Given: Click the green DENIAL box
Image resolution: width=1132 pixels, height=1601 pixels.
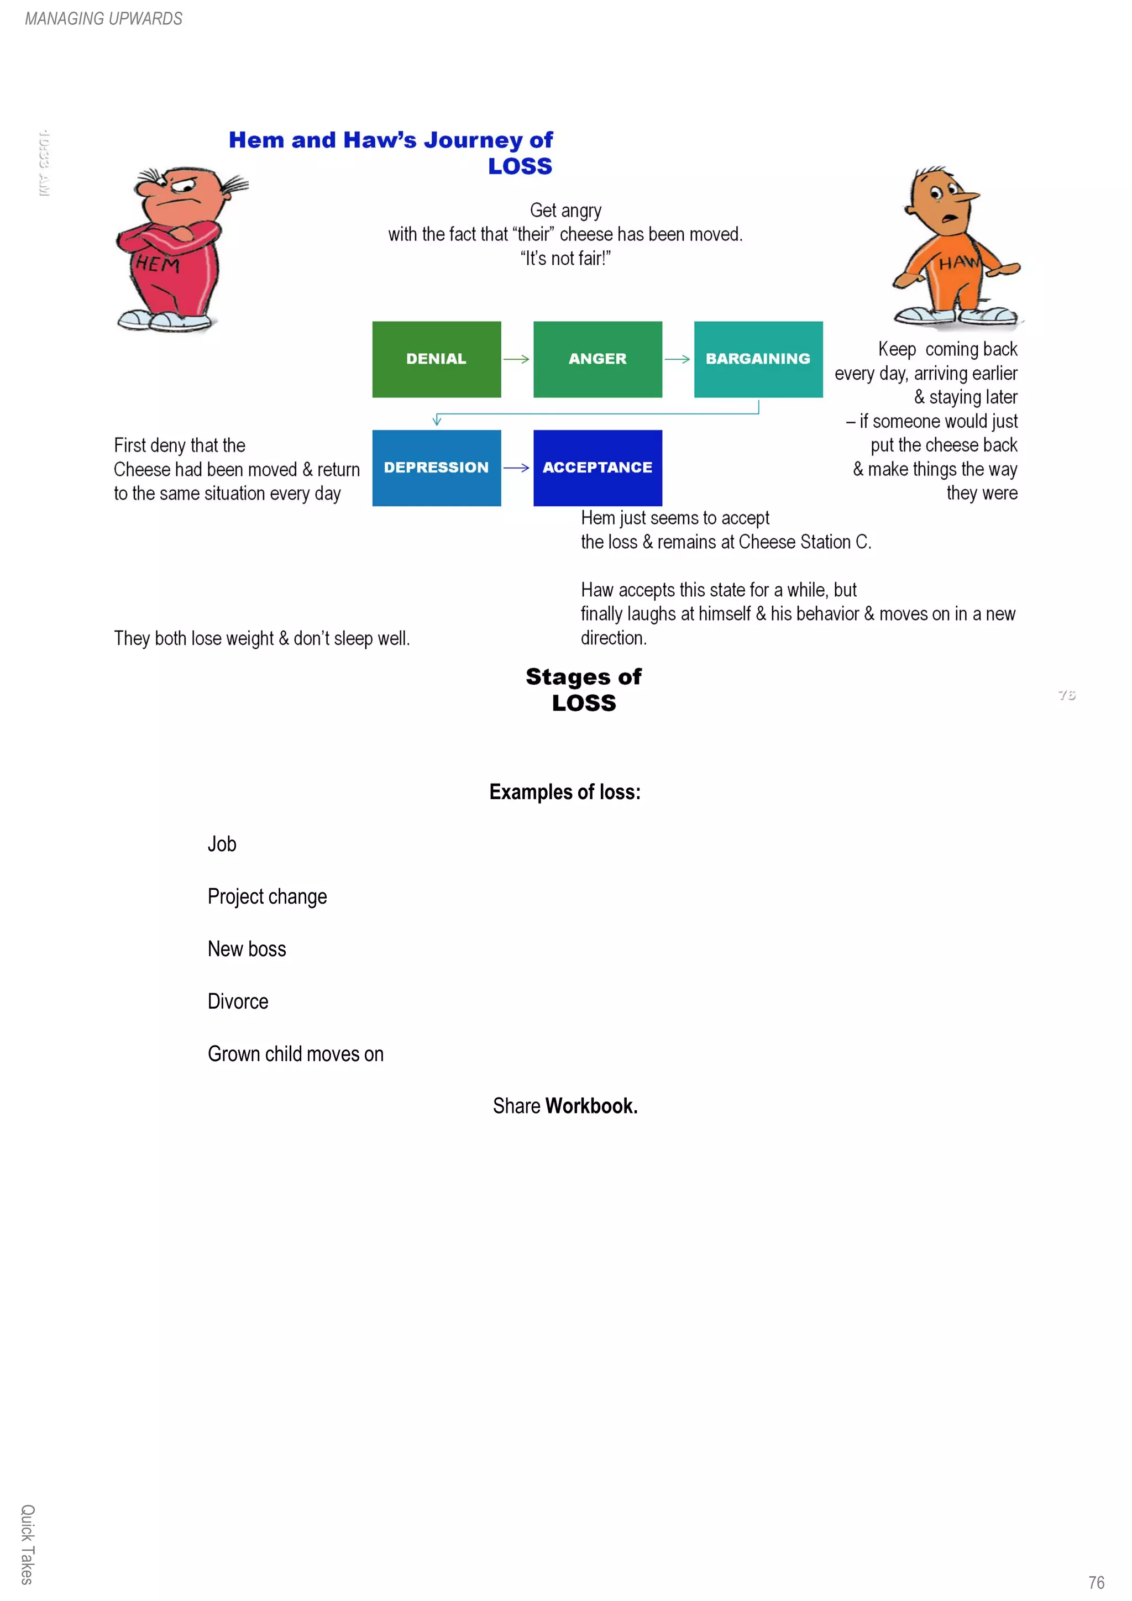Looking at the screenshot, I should [436, 359].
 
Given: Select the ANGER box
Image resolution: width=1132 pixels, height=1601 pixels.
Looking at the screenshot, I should [597, 359].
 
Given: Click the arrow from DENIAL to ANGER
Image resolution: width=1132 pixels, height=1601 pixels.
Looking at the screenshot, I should [516, 359].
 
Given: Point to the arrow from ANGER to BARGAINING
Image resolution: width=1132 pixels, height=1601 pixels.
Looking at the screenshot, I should [677, 359].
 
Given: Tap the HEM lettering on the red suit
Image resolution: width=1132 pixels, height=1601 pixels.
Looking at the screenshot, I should [158, 264].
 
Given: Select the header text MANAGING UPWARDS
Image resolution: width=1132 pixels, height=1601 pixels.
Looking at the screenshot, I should [103, 19].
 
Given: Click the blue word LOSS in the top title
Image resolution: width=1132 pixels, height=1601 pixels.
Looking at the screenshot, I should [520, 167].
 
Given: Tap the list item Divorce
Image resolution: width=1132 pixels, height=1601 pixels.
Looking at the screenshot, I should [238, 1001].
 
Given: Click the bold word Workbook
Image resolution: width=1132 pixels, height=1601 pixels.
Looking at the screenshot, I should [591, 1106].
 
